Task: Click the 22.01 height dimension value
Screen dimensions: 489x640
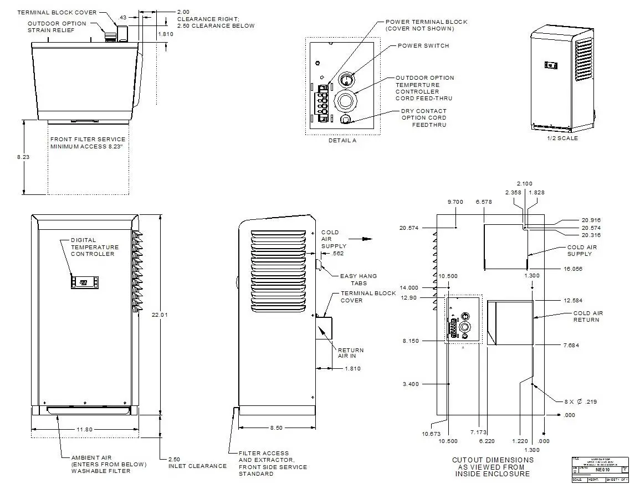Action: (x=160, y=315)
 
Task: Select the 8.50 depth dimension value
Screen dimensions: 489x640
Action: (x=275, y=428)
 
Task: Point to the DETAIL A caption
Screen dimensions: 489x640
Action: (x=342, y=141)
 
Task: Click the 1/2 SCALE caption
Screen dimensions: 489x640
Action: (x=562, y=138)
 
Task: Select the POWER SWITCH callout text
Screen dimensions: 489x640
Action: (x=423, y=46)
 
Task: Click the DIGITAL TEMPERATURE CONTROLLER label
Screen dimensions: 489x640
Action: (x=94, y=247)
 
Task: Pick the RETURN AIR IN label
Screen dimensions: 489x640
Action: (x=351, y=353)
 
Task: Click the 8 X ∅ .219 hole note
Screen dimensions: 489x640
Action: (x=581, y=402)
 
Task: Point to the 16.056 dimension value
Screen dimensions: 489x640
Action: (x=574, y=269)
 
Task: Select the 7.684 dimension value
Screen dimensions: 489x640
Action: (x=571, y=346)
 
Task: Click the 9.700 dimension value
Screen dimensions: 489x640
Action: (x=455, y=202)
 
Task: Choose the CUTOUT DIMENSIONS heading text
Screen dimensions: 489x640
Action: (x=493, y=466)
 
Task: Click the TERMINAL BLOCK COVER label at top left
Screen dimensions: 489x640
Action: (x=57, y=12)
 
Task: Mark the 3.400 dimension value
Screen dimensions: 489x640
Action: (x=411, y=384)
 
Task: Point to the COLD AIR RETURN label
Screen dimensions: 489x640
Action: (x=588, y=316)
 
